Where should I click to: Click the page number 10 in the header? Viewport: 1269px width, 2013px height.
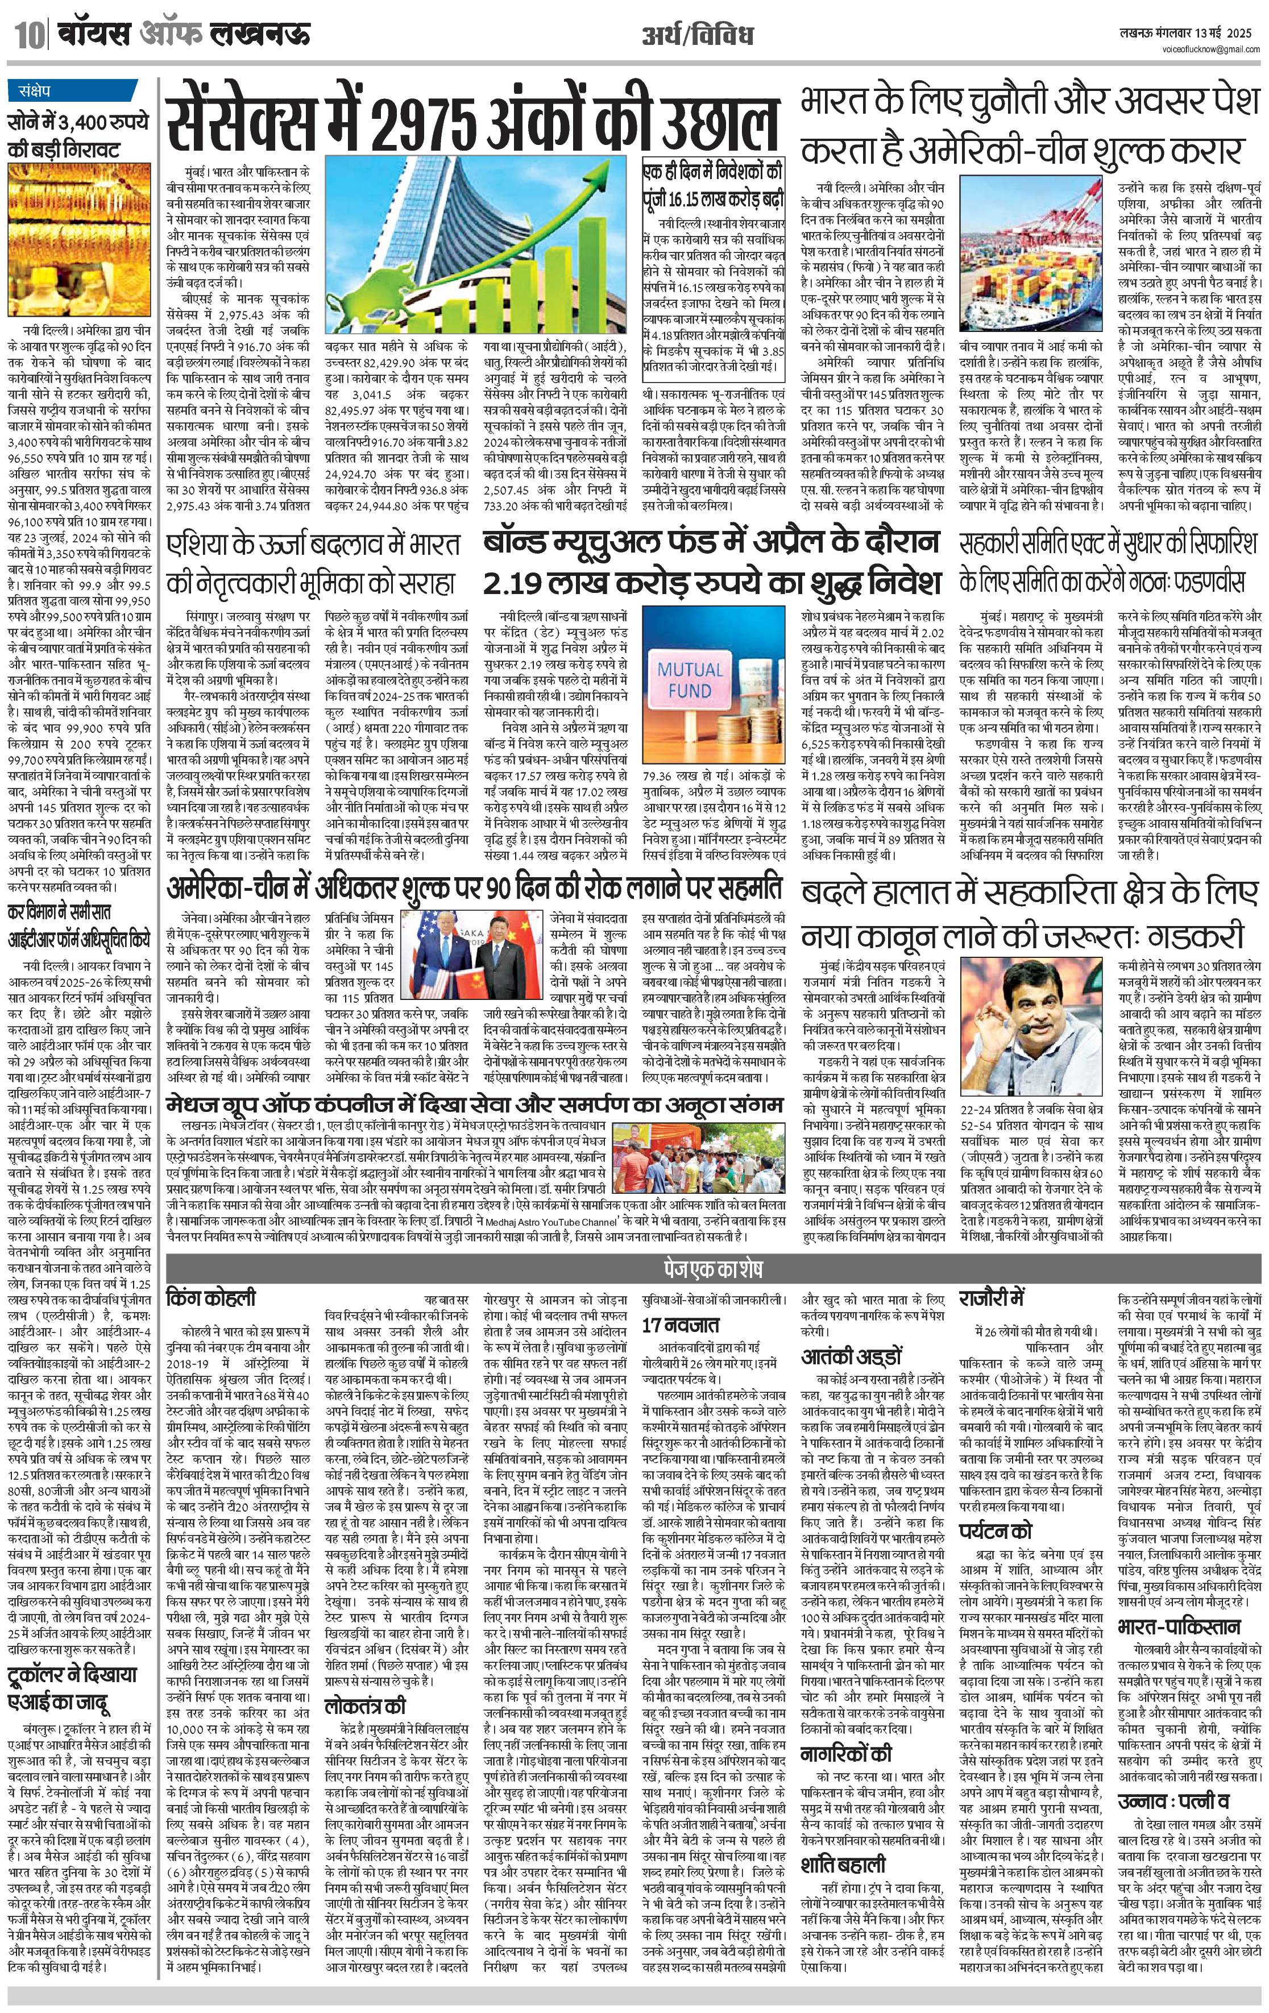tap(26, 36)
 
